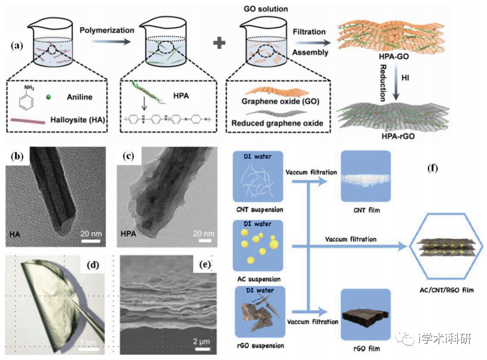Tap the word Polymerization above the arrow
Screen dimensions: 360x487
107,30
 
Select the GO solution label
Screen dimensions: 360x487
265,9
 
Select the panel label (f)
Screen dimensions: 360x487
431,169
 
